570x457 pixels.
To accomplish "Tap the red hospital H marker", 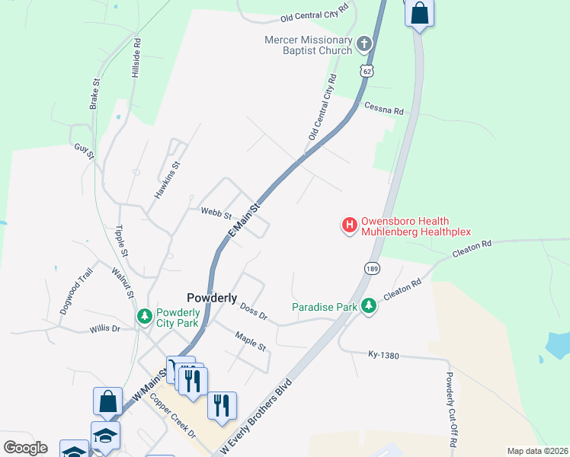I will (350, 225).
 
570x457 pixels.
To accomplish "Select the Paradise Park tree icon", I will (370, 305).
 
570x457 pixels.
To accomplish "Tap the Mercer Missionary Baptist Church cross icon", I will (364, 43).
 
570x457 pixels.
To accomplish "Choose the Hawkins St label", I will (167, 180).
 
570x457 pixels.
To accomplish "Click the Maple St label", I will (251, 340).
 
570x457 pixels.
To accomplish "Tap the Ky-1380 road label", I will (384, 355).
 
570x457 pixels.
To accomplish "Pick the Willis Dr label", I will (104, 328).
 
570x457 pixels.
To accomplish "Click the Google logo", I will (25, 447).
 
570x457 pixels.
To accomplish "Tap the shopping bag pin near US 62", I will (419, 13).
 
